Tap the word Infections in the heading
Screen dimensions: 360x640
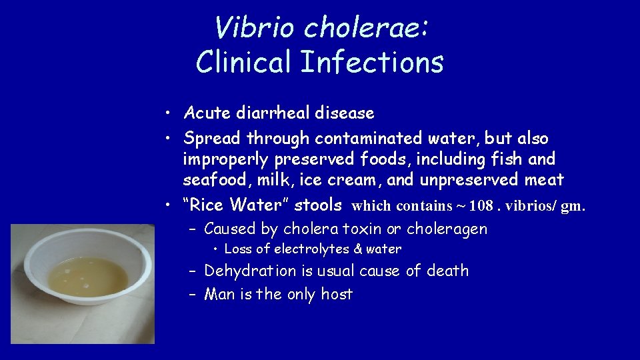click(x=371, y=62)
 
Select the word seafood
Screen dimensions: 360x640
click(x=215, y=180)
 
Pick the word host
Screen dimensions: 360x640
click(x=337, y=294)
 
